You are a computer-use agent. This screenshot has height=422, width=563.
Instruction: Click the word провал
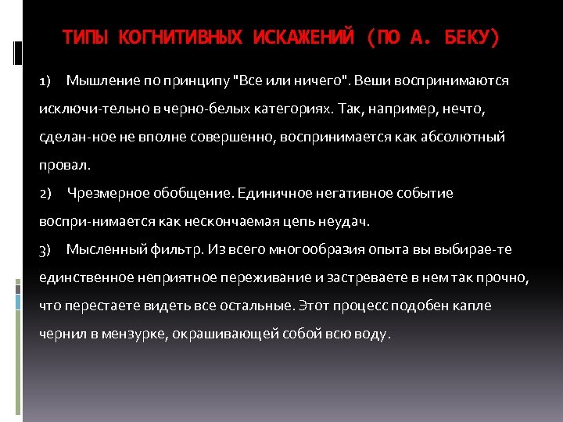coord(65,165)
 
